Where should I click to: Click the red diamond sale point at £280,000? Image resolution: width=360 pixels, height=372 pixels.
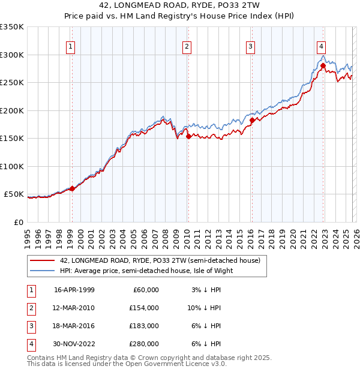click(x=323, y=65)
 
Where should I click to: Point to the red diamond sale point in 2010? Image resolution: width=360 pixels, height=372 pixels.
click(x=188, y=136)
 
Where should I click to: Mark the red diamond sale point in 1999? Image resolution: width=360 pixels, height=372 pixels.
click(x=72, y=188)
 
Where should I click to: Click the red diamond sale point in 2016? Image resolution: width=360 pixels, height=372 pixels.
click(x=251, y=120)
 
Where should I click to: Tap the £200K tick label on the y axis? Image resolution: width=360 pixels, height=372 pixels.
click(x=12, y=110)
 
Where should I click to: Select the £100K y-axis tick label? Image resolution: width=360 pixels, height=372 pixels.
click(x=12, y=166)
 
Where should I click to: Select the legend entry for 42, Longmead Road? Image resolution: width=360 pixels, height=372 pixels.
click(x=160, y=260)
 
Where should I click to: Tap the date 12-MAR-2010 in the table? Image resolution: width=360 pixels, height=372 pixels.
click(x=74, y=308)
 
